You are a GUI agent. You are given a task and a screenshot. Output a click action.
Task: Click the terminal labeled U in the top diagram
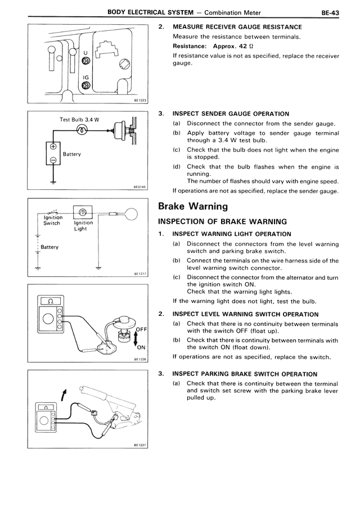86,60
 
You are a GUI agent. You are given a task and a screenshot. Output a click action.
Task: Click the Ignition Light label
83,225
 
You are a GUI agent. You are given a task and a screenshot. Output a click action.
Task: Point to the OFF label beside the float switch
142,329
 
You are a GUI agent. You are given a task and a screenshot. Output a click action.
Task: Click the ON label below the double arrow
141,347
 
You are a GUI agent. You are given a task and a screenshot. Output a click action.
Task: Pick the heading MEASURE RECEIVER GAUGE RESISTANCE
237,26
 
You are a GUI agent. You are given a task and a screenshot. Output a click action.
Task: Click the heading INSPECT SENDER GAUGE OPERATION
231,114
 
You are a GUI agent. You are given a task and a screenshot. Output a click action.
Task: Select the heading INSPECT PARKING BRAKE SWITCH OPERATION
245,374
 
